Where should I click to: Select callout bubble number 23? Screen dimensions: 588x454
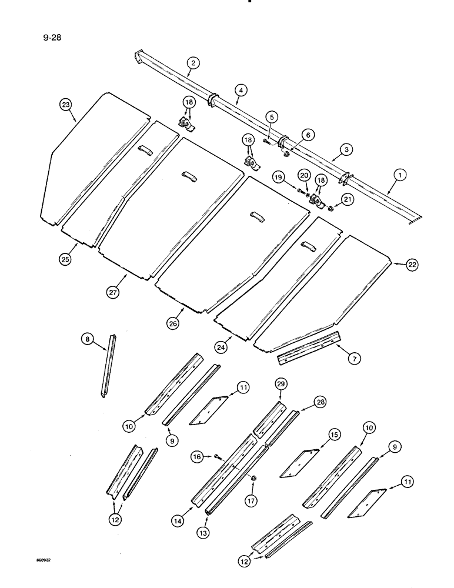point(66,105)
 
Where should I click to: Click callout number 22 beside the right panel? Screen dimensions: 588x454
point(412,266)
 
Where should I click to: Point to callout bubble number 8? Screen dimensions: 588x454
point(87,339)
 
